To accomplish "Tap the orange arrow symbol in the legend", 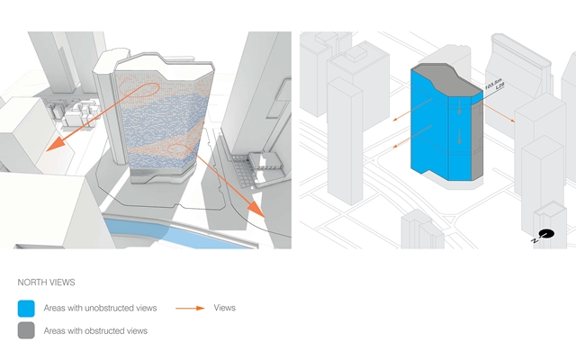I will pos(190,308).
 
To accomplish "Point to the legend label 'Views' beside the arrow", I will pos(225,308).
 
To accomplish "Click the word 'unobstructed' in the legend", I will pos(104,308).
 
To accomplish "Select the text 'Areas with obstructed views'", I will pos(95,330).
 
